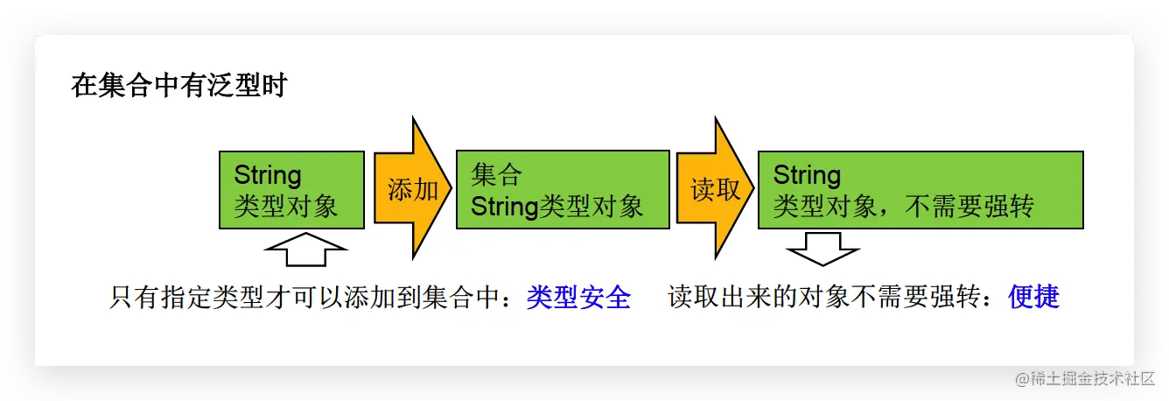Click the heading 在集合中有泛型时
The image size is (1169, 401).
(x=179, y=87)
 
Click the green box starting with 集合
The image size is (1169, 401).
(x=563, y=190)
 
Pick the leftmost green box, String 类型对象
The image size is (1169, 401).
(x=291, y=190)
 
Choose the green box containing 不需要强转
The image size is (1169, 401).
(x=920, y=190)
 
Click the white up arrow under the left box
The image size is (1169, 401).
(x=305, y=250)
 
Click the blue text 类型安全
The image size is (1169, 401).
(x=578, y=298)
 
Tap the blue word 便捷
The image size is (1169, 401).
(x=1033, y=298)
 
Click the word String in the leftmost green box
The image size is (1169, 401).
(x=268, y=175)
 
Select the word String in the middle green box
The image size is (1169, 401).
(x=504, y=207)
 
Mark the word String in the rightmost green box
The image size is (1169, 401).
(x=807, y=175)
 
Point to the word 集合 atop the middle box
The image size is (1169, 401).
(x=496, y=175)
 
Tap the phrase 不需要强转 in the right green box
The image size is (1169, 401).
(x=972, y=207)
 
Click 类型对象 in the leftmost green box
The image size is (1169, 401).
(x=285, y=207)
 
